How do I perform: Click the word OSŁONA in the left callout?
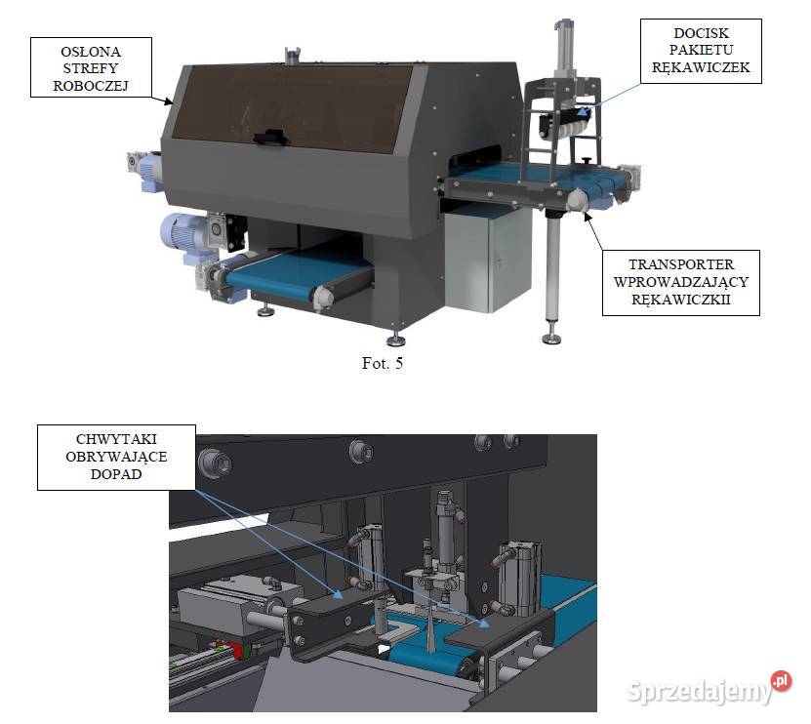coord(91,52)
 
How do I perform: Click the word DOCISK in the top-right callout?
coord(701,33)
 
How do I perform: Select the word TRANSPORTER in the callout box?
coord(680,264)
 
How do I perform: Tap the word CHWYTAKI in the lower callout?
coord(116,439)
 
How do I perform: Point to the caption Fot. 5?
coord(383,363)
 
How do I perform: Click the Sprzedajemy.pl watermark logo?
coord(709,688)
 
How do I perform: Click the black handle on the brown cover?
coord(269,137)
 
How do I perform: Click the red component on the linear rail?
coord(237,650)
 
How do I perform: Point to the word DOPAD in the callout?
coord(116,474)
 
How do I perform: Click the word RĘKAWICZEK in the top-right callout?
coord(701,67)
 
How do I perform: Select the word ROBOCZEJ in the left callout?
coord(91,86)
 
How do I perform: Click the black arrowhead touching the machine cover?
coord(169,101)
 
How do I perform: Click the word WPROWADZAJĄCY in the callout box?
coord(680,282)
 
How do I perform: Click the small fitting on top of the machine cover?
coord(293,55)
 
